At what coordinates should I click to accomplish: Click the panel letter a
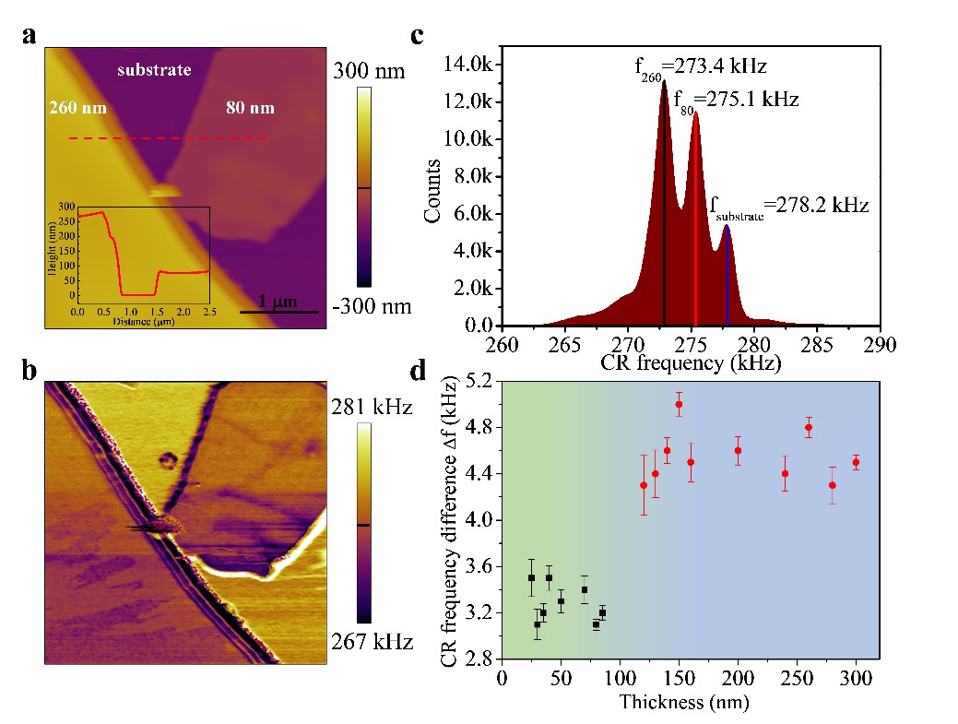pyautogui.click(x=30, y=36)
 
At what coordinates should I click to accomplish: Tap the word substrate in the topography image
pyautogui.click(x=155, y=69)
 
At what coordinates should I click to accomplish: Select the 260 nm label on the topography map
pyautogui.click(x=77, y=108)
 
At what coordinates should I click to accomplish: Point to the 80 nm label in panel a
pyautogui.click(x=250, y=108)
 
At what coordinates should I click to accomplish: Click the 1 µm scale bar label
pyautogui.click(x=276, y=301)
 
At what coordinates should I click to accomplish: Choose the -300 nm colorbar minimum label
pyautogui.click(x=373, y=305)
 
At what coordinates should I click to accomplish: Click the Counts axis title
pyautogui.click(x=432, y=191)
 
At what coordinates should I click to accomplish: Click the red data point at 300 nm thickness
pyautogui.click(x=856, y=462)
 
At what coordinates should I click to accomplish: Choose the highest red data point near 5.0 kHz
pyautogui.click(x=679, y=404)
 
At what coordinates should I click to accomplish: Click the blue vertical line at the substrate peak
pyautogui.click(x=727, y=277)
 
